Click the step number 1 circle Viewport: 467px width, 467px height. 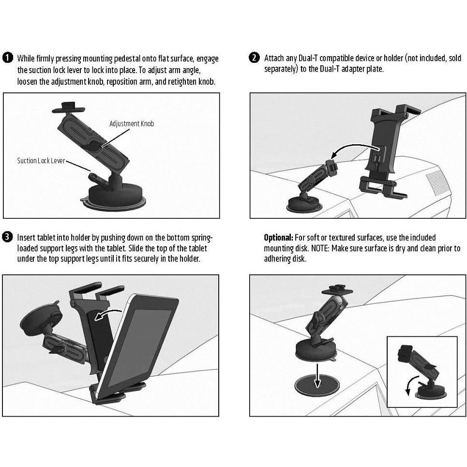click(x=8, y=59)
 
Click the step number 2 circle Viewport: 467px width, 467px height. click(x=255, y=59)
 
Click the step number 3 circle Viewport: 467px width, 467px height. click(x=8, y=238)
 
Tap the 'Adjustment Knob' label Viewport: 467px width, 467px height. click(x=132, y=124)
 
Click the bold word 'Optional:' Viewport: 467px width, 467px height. click(x=278, y=238)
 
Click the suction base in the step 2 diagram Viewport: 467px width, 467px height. click(x=301, y=204)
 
